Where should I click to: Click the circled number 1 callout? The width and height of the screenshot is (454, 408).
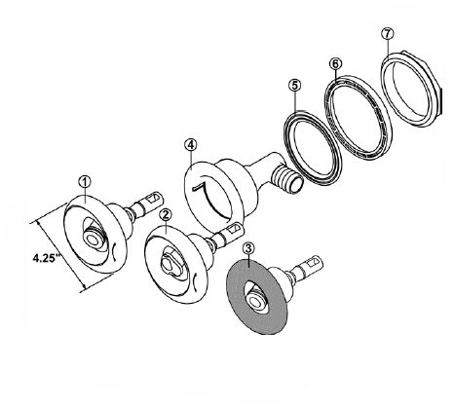pyautogui.click(x=85, y=182)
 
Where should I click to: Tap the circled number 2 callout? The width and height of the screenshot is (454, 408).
pyautogui.click(x=166, y=214)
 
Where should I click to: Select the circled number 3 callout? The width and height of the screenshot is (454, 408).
pyautogui.click(x=248, y=249)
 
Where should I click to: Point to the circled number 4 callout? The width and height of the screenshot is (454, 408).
pyautogui.click(x=190, y=145)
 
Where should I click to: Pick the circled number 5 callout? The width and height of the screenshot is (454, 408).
pyautogui.click(x=295, y=86)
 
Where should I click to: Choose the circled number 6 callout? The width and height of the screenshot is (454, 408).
pyautogui.click(x=335, y=63)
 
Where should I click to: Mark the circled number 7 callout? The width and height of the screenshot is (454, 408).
pyautogui.click(x=388, y=34)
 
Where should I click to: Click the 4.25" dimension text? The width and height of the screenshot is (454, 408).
pyautogui.click(x=47, y=258)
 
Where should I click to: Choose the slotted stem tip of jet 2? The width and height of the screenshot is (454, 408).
pyautogui.click(x=233, y=230)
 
